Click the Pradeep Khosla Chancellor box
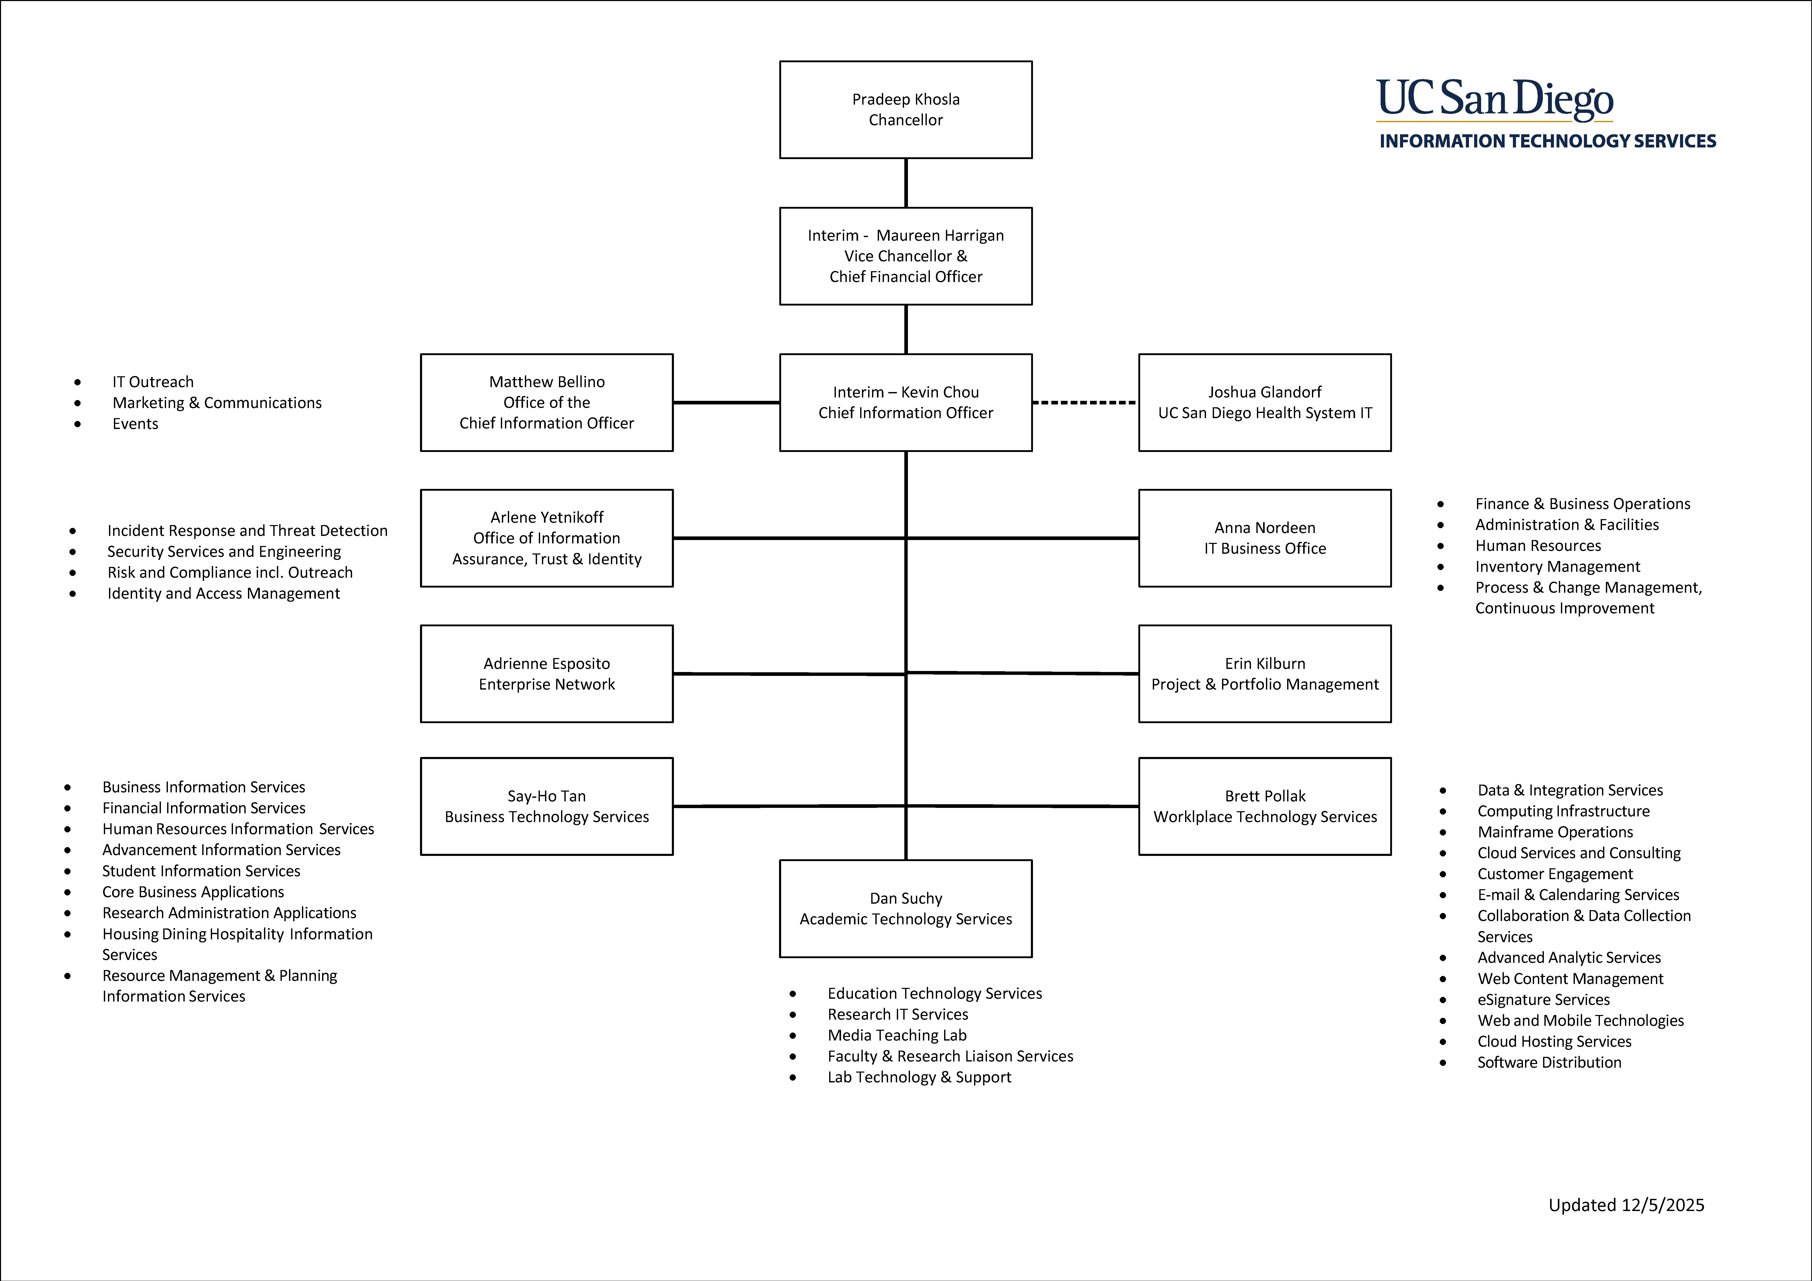pyautogui.click(x=905, y=110)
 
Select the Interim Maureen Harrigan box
pyautogui.click(x=905, y=256)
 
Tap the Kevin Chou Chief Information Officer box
pyautogui.click(x=905, y=403)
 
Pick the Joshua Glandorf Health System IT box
pyautogui.click(x=1264, y=403)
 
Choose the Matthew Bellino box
pyautogui.click(x=546, y=403)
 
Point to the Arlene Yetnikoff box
pyautogui.click(x=546, y=538)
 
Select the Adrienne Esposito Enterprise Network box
pyautogui.click(x=546, y=674)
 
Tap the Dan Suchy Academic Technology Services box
pyautogui.click(x=905, y=909)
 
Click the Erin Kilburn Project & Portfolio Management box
pyautogui.click(x=1264, y=674)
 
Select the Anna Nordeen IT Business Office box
pyautogui.click(x=1264, y=538)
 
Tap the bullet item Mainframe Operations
pyautogui.click(x=1555, y=832)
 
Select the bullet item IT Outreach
pyautogui.click(x=152, y=382)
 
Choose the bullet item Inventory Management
pyautogui.click(x=1557, y=567)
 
